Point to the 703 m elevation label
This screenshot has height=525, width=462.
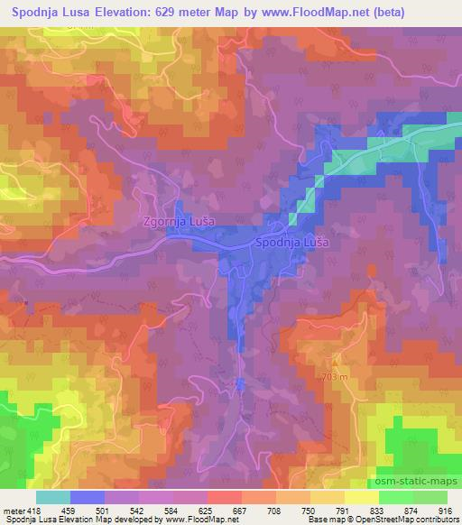point(335,376)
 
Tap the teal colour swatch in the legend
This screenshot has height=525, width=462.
point(53,497)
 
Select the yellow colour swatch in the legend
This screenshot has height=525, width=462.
point(362,497)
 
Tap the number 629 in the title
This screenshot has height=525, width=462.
point(176,12)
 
